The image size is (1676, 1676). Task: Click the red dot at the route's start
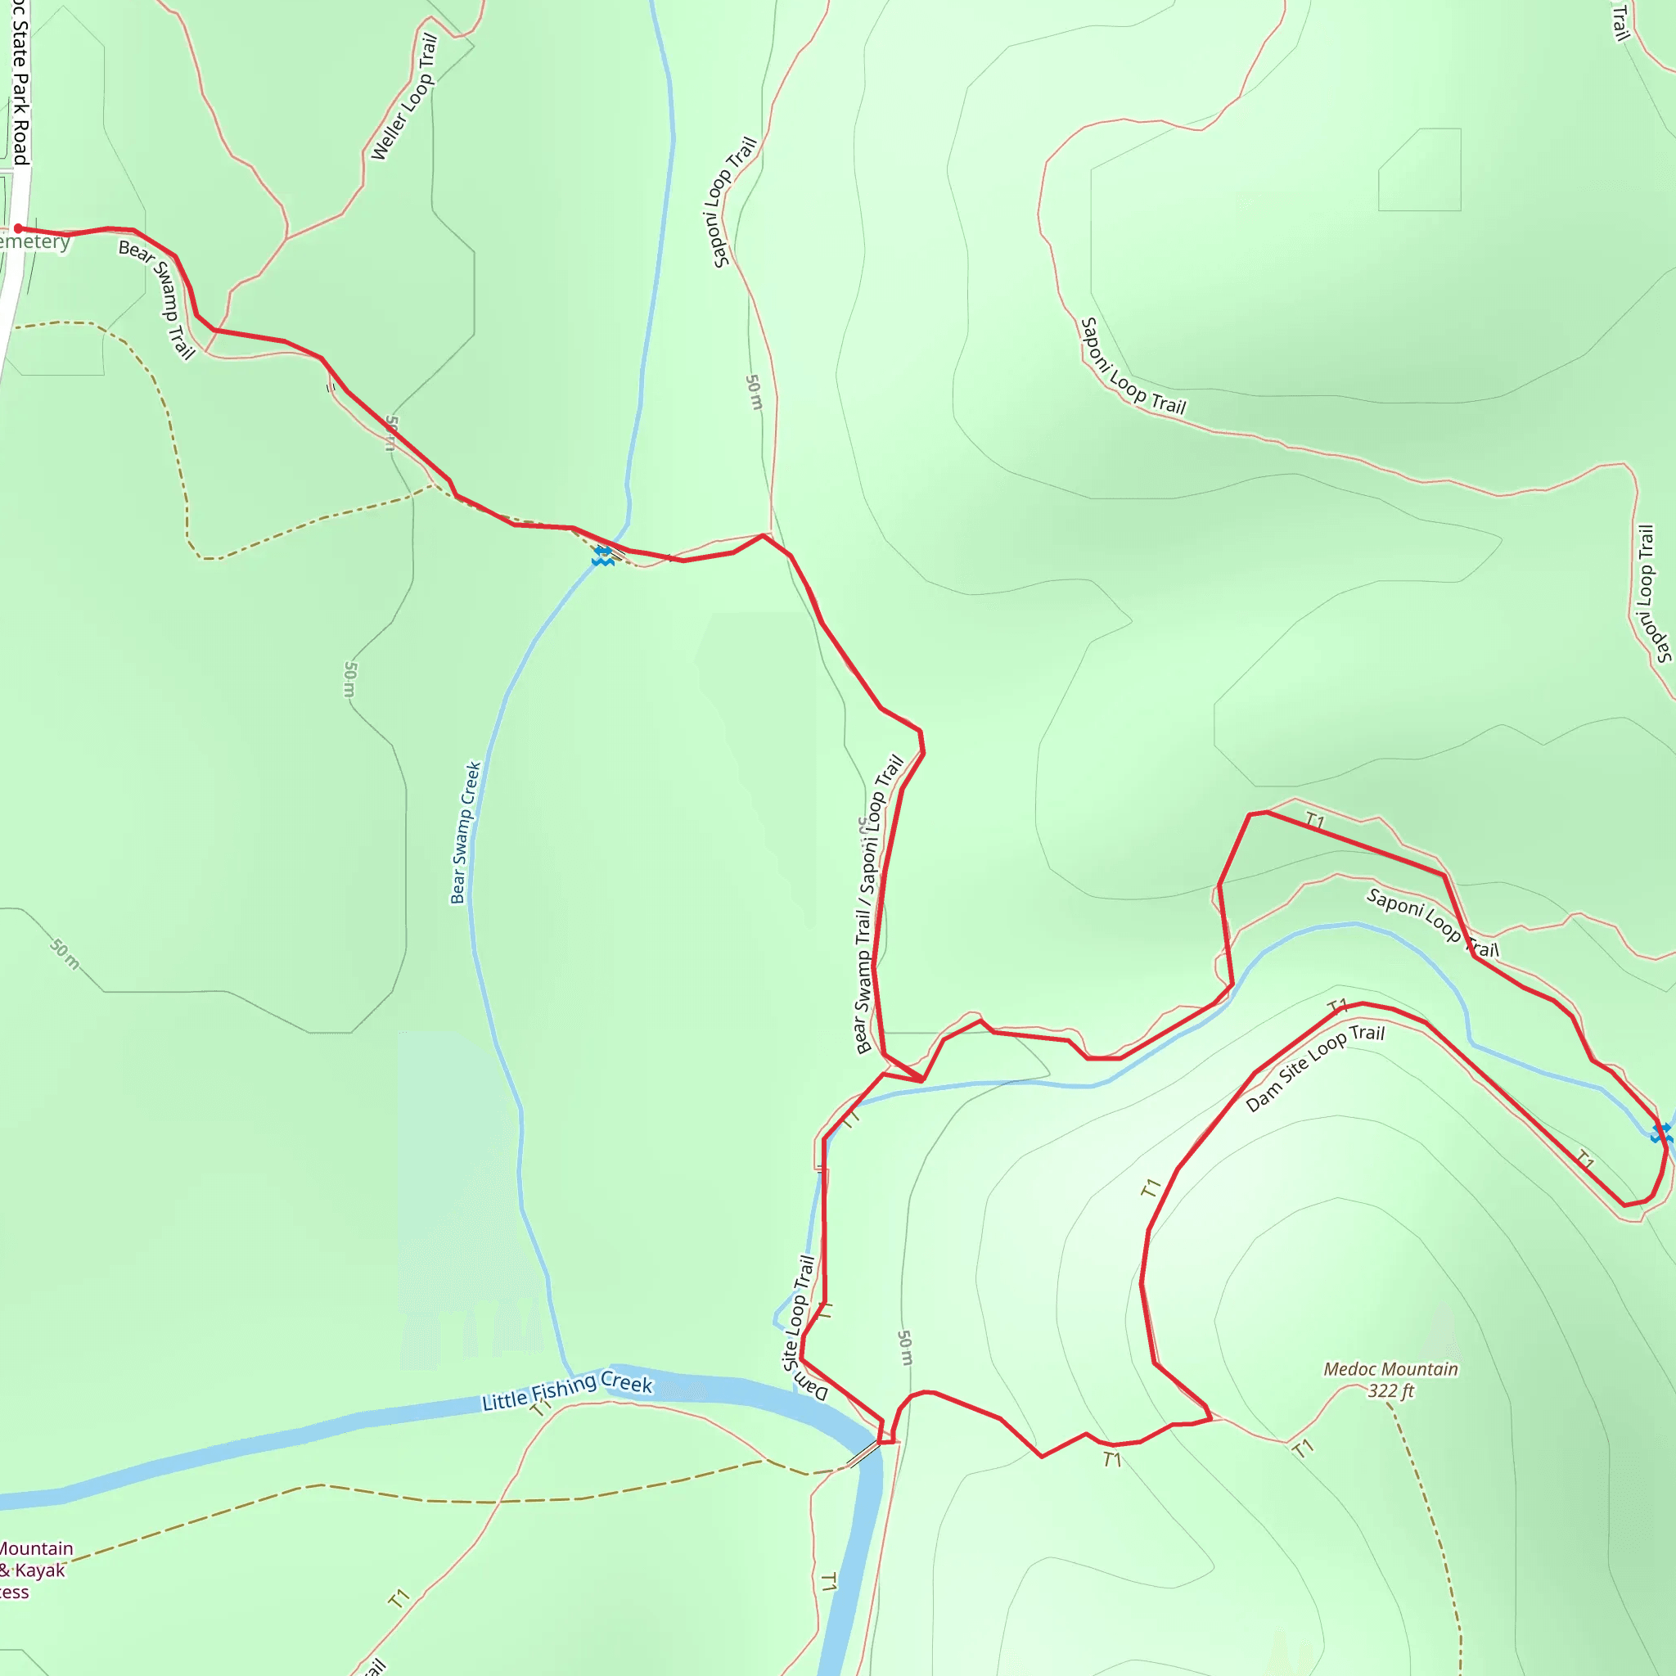point(18,228)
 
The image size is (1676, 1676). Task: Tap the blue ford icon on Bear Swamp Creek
point(603,556)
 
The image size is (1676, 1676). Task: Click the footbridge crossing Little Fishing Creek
point(863,1453)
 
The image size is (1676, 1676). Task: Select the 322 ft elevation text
point(1390,1391)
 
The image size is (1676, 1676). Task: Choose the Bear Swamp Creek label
point(465,833)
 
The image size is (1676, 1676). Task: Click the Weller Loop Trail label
point(403,97)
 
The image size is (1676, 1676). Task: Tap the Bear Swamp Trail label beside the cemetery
point(157,299)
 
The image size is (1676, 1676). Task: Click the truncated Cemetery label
point(34,241)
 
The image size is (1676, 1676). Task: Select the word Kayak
point(39,1570)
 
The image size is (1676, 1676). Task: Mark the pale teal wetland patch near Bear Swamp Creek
point(460,1197)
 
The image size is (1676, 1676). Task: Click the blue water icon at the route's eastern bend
point(1662,1133)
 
